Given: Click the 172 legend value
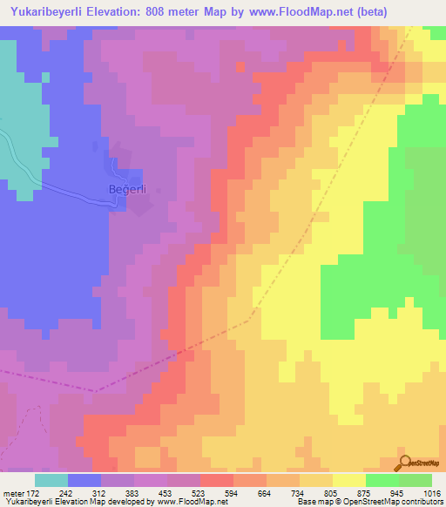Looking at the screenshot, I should [31, 492].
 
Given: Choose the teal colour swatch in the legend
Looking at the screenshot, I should [51, 480].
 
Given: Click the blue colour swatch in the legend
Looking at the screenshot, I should [84, 480].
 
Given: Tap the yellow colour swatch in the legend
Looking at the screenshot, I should [349, 480].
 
